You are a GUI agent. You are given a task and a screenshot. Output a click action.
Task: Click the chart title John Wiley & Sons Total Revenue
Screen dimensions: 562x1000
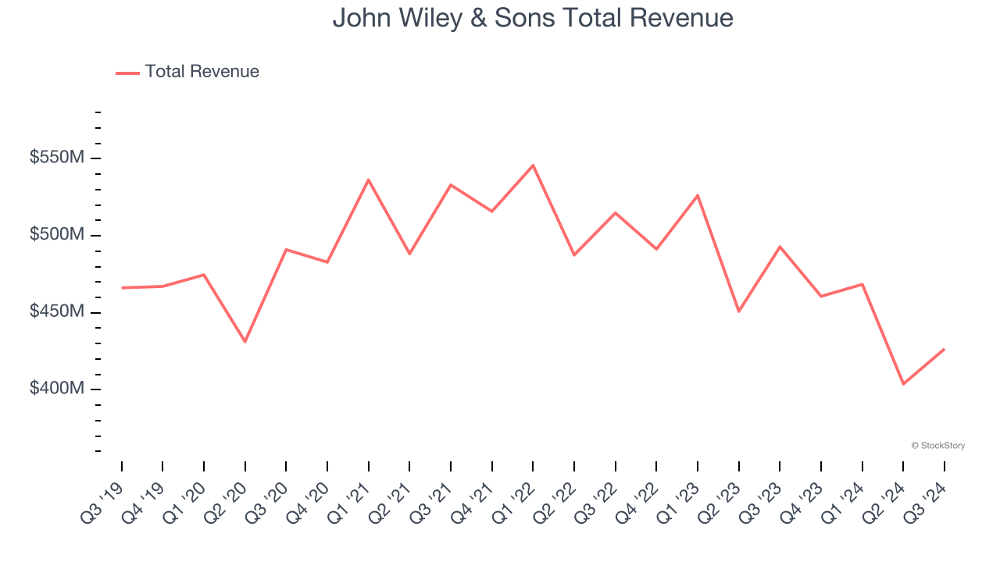tap(533, 18)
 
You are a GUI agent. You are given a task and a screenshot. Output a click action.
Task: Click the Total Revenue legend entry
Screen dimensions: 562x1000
tap(187, 72)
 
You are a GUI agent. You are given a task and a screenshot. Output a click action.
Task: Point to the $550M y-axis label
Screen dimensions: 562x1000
tap(56, 158)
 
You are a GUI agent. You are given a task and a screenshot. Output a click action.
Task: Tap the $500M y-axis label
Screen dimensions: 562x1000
tap(56, 235)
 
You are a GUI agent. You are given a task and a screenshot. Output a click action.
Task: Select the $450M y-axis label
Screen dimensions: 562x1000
tap(56, 312)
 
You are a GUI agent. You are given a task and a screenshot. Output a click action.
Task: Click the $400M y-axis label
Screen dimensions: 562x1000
tap(56, 389)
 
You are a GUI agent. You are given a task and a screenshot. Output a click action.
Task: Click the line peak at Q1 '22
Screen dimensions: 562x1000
tap(533, 165)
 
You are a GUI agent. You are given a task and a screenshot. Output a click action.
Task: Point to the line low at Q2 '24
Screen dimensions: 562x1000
tap(903, 384)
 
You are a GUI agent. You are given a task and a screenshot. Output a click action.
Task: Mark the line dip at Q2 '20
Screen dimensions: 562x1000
tap(245, 342)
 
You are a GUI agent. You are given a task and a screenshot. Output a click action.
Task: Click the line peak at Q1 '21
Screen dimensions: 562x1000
tap(369, 180)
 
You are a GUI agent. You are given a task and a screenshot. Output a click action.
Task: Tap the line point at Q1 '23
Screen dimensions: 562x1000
tap(698, 195)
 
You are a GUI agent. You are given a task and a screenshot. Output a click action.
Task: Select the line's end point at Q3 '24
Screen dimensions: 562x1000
tap(944, 349)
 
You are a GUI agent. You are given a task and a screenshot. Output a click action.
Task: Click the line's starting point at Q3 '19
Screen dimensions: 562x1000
tap(122, 288)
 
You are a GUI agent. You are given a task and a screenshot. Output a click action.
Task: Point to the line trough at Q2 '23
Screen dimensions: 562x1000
tap(738, 311)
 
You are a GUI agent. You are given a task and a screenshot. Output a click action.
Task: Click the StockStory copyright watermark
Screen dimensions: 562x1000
tap(937, 446)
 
